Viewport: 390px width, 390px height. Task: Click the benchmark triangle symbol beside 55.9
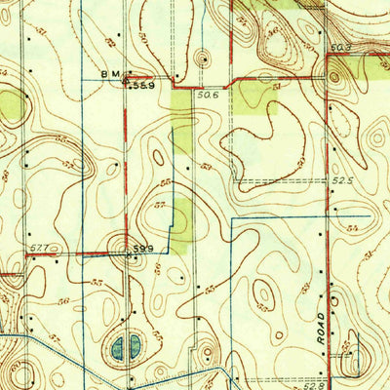pos(131,84)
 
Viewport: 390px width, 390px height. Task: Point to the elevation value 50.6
pos(207,95)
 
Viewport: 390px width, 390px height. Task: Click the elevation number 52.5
pos(339,178)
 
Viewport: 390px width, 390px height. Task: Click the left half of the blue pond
pos(118,346)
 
